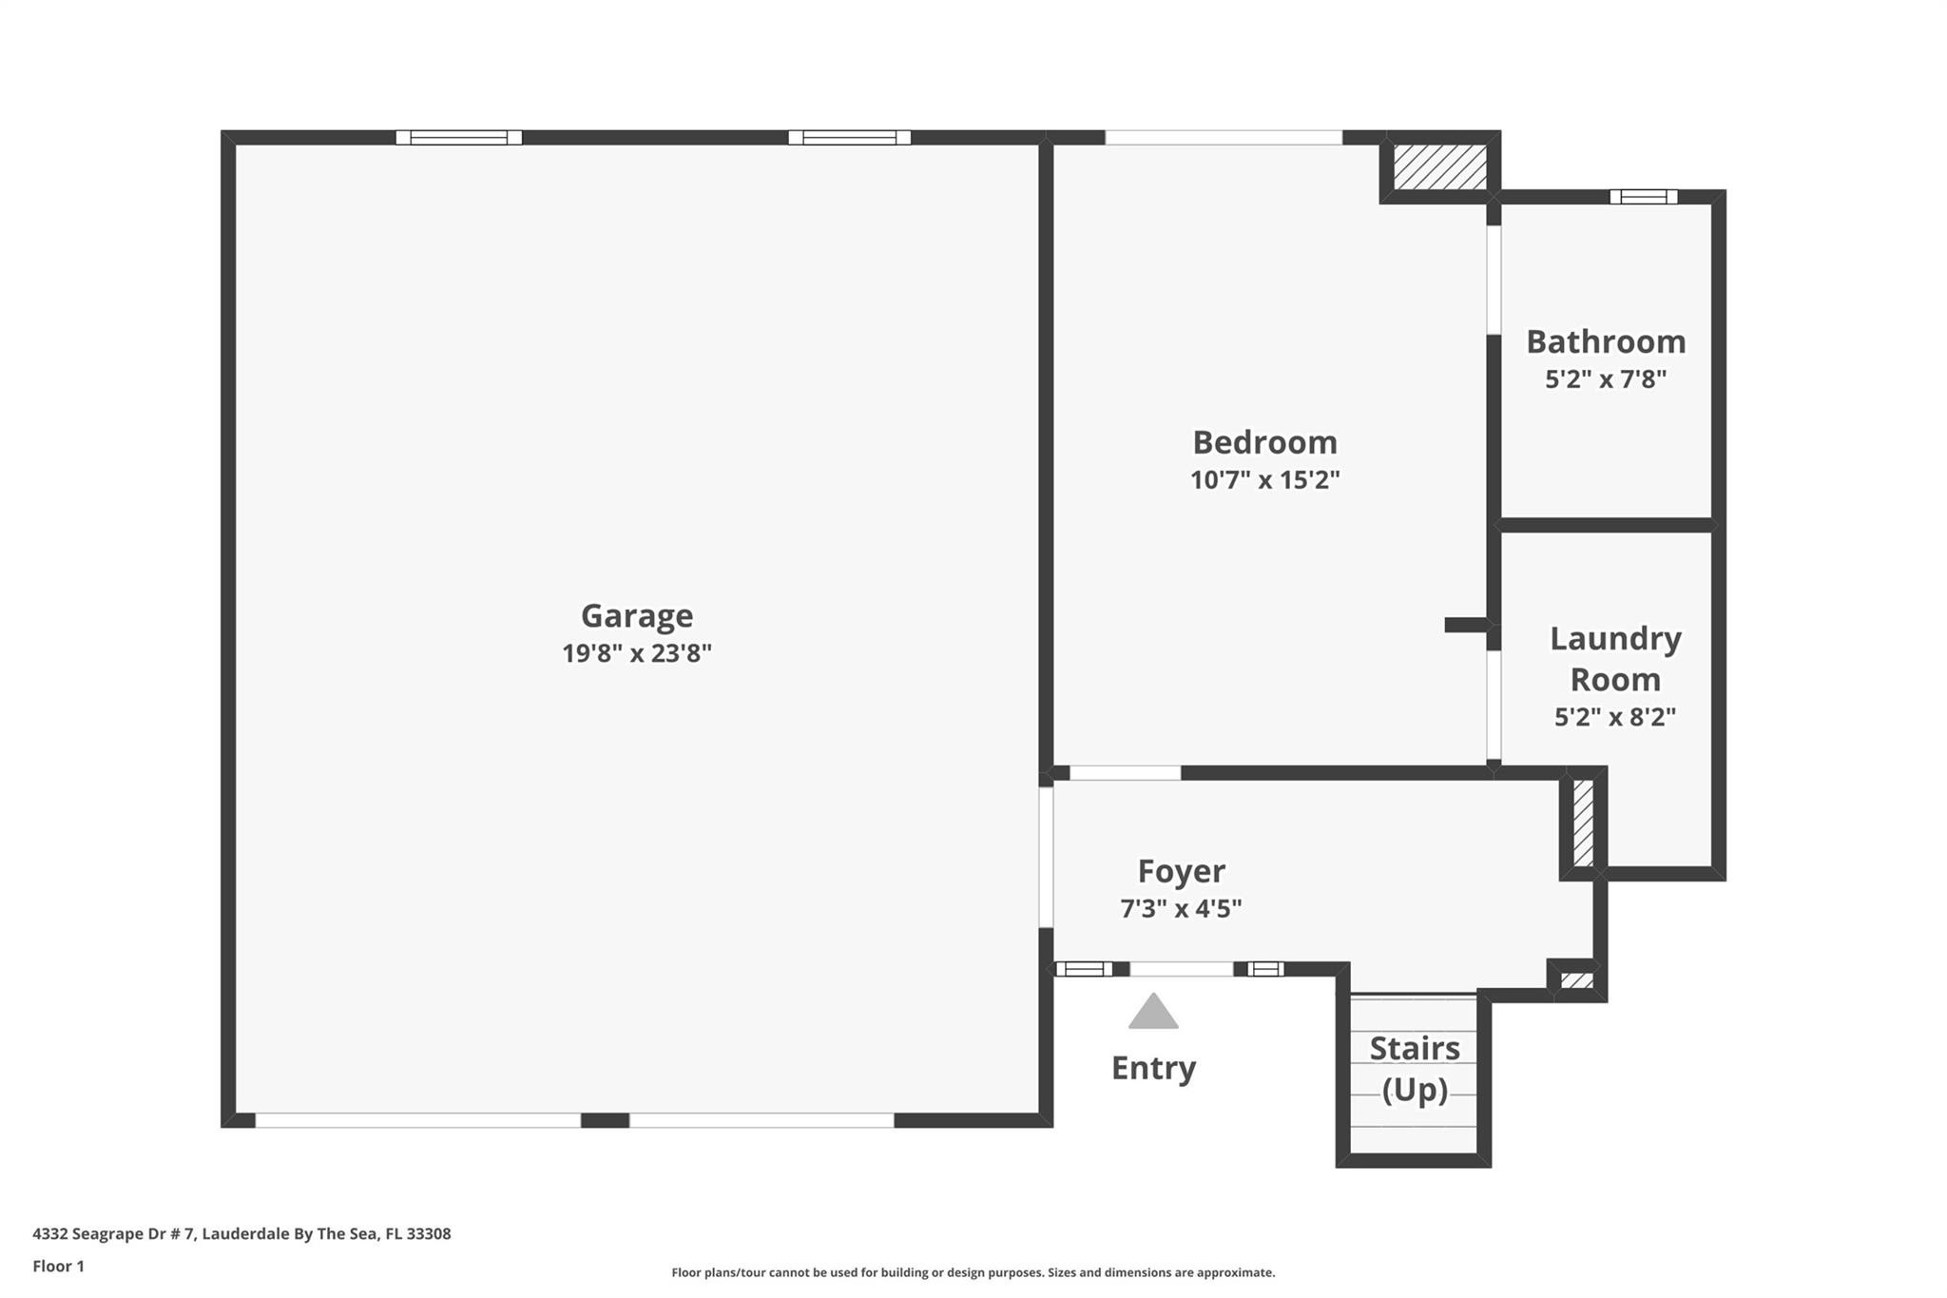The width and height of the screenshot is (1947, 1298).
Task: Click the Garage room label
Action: point(636,616)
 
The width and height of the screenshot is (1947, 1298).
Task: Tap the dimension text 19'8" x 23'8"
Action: point(636,654)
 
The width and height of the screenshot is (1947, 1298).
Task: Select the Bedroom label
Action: point(1264,442)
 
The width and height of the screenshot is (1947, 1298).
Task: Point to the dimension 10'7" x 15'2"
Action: point(1264,480)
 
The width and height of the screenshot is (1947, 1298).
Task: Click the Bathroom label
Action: point(1606,341)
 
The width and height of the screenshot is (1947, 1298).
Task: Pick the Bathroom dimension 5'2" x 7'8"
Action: point(1606,379)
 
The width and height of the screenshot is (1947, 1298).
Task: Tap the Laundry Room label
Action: point(1615,658)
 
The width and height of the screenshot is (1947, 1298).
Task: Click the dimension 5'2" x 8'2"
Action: point(1614,717)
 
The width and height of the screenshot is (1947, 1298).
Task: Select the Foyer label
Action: point(1181,871)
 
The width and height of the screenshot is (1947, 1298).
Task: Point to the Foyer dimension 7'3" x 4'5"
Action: point(1181,909)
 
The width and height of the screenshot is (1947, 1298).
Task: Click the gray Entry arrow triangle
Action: point(1153,1014)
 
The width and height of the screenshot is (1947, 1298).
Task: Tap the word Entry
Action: point(1153,1068)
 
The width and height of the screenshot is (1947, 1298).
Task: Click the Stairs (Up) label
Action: point(1415,1069)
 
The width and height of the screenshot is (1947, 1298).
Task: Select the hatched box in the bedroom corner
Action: point(1439,167)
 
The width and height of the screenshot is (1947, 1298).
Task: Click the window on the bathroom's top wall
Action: point(1643,197)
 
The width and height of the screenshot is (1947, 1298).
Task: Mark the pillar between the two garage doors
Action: point(605,1120)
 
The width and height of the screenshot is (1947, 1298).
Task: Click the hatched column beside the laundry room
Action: point(1583,823)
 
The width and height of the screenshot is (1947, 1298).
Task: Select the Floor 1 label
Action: point(58,1267)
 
